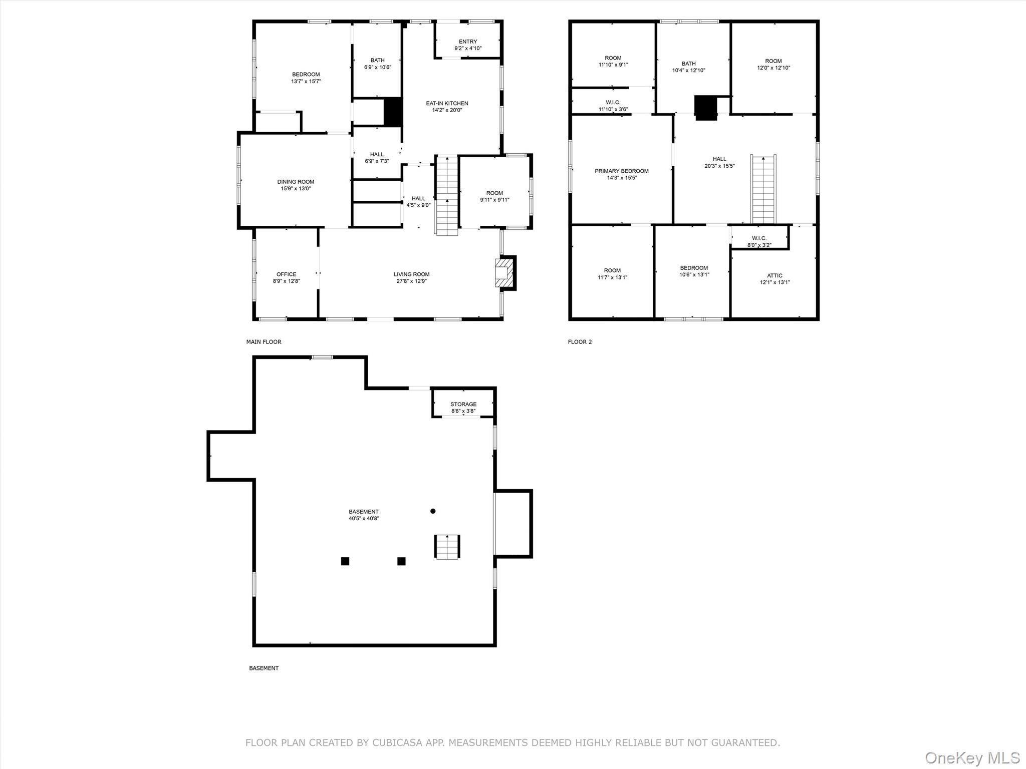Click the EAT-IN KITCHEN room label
447,103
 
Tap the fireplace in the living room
504,273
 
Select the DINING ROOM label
296,182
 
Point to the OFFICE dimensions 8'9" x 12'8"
287,281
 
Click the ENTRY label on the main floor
468,42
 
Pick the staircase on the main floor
446,195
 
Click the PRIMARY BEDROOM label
621,171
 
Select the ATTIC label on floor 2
775,275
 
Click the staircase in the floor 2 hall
763,189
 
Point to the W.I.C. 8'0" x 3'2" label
759,241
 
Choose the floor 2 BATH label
688,64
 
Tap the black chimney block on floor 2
706,108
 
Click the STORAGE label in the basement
463,404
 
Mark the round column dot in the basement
433,511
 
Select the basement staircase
447,546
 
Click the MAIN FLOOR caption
264,342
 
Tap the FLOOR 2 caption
580,342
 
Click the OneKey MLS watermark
972,757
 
